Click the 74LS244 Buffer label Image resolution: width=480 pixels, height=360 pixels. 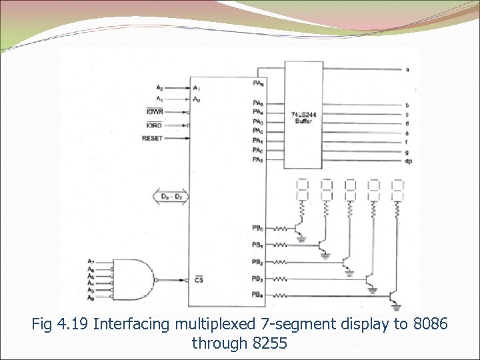click(303, 118)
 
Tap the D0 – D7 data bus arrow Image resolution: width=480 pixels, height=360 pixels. click(170, 197)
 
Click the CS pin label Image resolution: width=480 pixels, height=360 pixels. click(199, 280)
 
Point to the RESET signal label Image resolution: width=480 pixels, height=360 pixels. click(152, 138)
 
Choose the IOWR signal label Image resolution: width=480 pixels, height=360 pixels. click(154, 112)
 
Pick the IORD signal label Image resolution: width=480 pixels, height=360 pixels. click(154, 125)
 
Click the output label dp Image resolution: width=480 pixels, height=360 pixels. click(407, 161)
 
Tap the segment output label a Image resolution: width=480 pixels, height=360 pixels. click(407, 69)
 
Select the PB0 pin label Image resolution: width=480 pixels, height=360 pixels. click(257, 228)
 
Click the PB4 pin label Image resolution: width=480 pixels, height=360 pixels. click(257, 295)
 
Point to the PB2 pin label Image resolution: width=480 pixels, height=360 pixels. click(257, 261)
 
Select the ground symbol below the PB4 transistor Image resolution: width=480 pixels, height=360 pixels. click(398, 307)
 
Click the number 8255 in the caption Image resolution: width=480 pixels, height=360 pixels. click(269, 343)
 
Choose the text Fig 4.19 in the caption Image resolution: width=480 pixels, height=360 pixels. click(60, 325)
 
